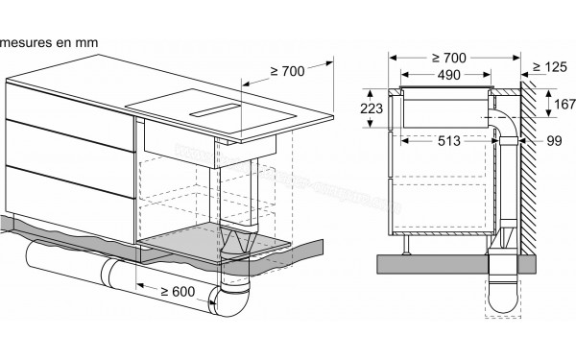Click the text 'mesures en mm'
click(48, 44)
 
